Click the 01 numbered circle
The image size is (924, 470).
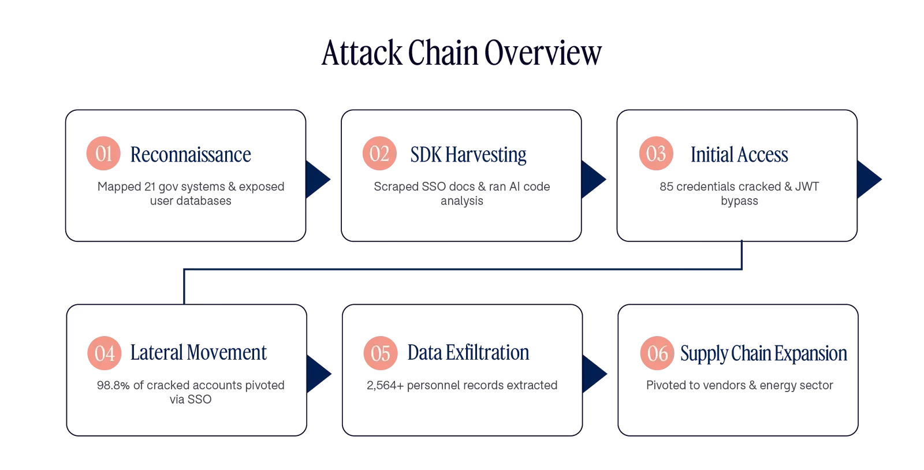[x=103, y=154]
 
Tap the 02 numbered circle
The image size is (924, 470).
[x=379, y=154]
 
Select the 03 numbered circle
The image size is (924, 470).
[x=656, y=154]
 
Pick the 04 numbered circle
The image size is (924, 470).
[x=105, y=353]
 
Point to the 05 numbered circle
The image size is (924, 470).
[x=381, y=353]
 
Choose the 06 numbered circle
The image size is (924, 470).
[x=657, y=353]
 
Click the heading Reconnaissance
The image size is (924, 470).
[x=191, y=155]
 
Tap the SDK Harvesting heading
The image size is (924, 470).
[x=468, y=155]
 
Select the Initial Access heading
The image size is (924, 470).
[x=739, y=155]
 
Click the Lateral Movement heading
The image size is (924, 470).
[x=199, y=352]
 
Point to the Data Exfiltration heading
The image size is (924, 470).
[x=468, y=352]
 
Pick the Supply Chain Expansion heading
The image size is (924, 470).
[x=763, y=354]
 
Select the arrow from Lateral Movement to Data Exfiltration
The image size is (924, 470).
[x=318, y=374]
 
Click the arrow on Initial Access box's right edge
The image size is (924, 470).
[x=869, y=180]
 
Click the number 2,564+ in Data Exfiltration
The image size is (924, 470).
[x=385, y=385]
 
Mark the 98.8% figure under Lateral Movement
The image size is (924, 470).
[x=113, y=385]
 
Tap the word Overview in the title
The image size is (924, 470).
[x=543, y=53]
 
